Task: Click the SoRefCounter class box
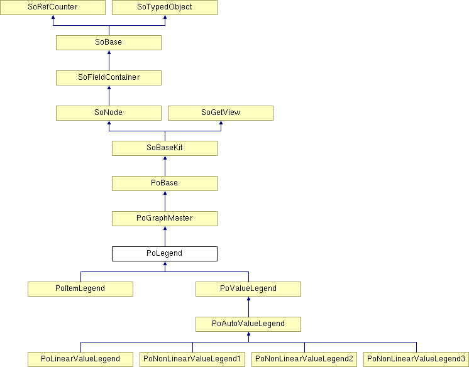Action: tap(53, 7)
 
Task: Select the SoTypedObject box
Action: tap(165, 7)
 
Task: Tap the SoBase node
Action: tap(109, 43)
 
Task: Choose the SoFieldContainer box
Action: tap(109, 78)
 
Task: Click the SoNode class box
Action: tap(109, 113)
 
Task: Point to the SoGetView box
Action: tap(221, 113)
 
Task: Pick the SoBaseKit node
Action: tap(165, 148)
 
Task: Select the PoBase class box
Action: tap(165, 183)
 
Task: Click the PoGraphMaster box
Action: tap(165, 219)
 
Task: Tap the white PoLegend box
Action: tap(165, 254)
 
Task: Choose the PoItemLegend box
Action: tap(80, 289)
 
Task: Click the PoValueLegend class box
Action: tap(248, 289)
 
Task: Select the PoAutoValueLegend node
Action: tap(248, 324)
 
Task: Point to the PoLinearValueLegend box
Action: tap(80, 359)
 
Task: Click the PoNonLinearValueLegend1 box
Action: tap(192, 359)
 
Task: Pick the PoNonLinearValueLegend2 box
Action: tap(304, 359)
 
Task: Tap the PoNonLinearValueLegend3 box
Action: tap(416, 359)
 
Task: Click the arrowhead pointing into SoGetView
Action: tap(221, 123)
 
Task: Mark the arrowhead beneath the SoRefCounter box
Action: tap(53, 17)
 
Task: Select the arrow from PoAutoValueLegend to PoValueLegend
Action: tap(248, 307)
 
